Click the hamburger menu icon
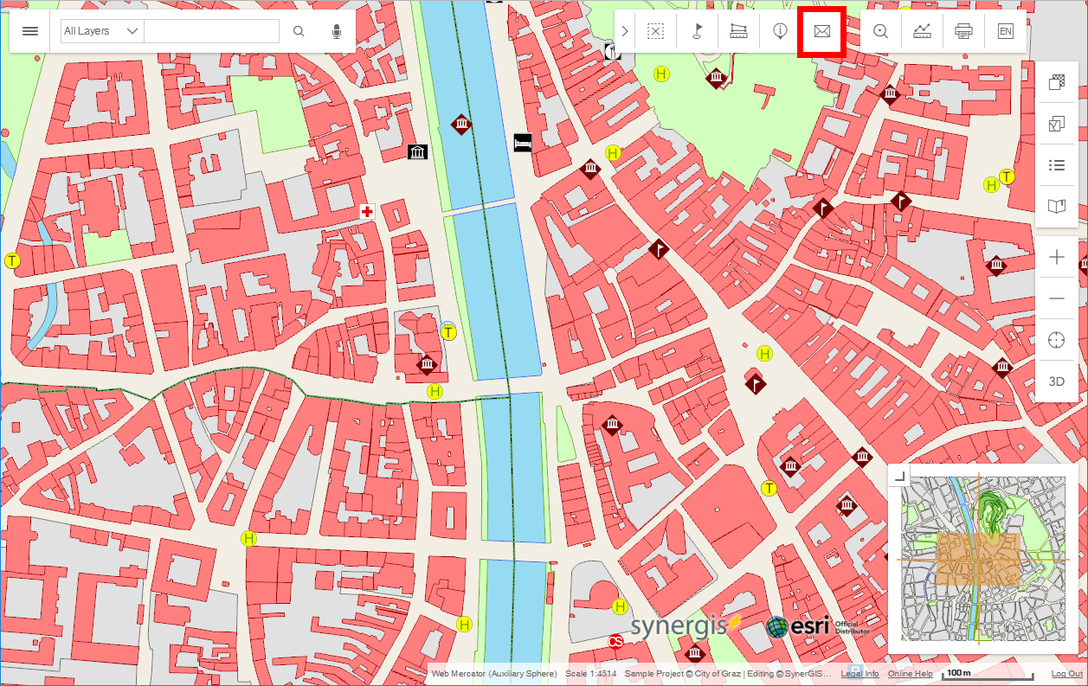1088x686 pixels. point(30,31)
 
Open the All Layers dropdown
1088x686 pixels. point(101,31)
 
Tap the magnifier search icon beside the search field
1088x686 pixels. point(299,31)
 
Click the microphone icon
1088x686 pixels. point(337,31)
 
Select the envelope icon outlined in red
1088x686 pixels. point(821,31)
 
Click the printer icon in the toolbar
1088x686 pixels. point(963,31)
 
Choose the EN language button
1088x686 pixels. point(1005,31)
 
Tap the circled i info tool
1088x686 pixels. point(780,31)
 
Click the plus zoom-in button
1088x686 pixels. point(1056,257)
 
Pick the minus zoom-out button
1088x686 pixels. point(1056,298)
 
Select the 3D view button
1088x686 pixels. point(1056,381)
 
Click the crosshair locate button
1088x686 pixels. point(1056,340)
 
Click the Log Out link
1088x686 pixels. point(1066,674)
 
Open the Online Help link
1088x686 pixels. point(910,674)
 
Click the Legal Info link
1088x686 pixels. point(859,674)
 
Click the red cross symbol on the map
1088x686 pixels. point(367,211)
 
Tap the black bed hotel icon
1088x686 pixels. point(522,143)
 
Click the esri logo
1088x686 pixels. point(799,626)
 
